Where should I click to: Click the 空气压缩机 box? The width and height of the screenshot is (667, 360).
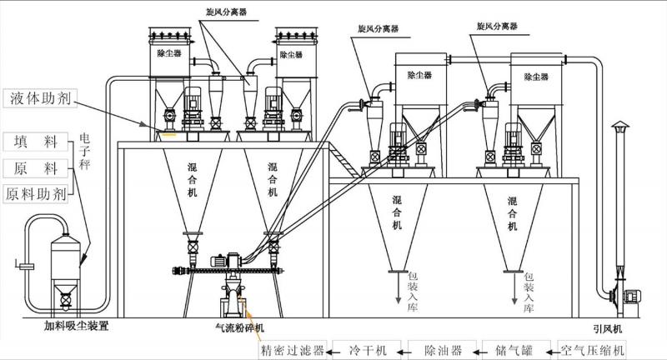click(591, 348)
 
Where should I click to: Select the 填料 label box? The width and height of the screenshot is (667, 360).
click(35, 142)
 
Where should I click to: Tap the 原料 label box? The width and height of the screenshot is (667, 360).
click(35, 168)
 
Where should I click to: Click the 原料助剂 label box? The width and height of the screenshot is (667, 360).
click(35, 194)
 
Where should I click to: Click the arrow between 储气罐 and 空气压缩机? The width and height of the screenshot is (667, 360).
click(553, 348)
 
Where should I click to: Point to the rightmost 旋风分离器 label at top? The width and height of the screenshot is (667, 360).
click(498, 27)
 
